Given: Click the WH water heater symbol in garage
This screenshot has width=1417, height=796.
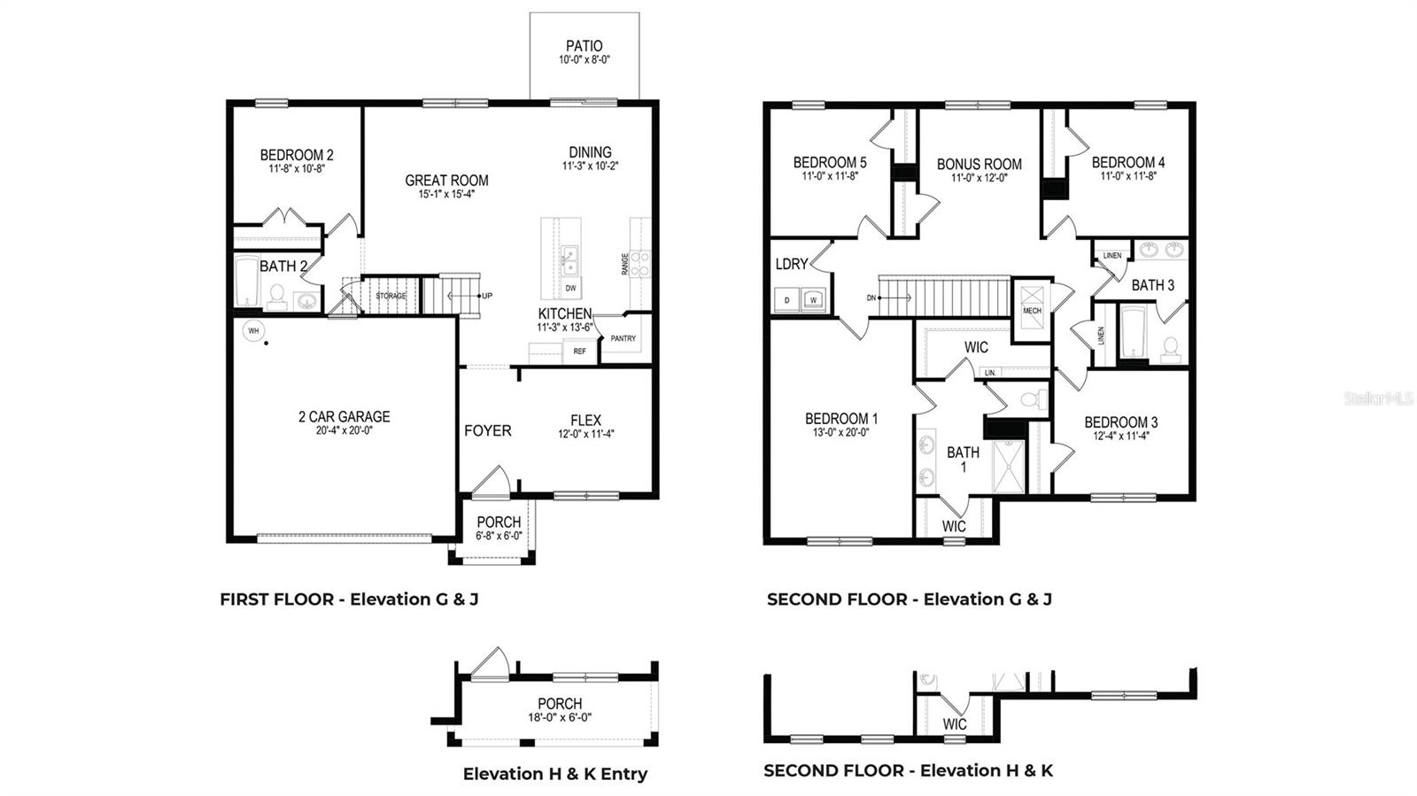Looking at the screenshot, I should coord(253,330).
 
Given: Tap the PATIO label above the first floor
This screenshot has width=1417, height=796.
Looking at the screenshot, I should coord(584,46).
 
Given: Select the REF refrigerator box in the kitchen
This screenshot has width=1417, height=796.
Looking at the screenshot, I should coord(579,352).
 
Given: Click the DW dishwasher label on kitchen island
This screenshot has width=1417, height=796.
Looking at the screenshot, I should coord(571,289).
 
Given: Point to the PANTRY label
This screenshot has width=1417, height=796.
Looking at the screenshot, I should coord(623,338).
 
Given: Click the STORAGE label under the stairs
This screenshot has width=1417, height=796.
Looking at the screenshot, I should coord(390,296).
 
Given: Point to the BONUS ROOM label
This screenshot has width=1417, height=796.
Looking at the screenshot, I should coord(979,164).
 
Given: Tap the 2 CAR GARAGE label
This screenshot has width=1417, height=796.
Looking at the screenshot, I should coord(344,416).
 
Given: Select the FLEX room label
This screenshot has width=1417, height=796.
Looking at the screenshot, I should coord(585,421).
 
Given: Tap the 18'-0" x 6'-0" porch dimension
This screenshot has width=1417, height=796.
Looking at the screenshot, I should coord(559,718).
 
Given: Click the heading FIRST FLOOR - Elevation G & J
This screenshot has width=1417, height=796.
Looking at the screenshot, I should coord(349,599).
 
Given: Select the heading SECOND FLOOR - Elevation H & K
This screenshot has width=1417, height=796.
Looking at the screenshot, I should coord(908,770).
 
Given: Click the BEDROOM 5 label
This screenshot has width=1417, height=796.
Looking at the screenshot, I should coord(829,162).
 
